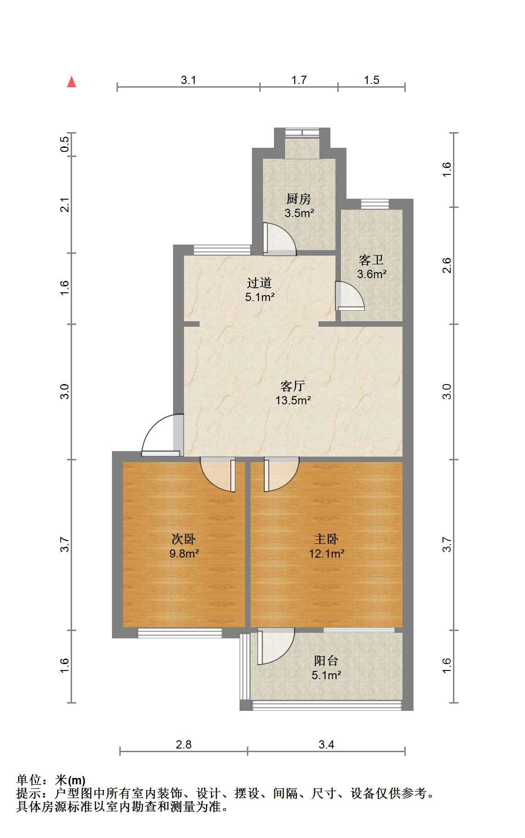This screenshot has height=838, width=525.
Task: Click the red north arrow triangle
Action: coord(72,82)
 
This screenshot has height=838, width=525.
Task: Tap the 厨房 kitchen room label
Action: coord(299,199)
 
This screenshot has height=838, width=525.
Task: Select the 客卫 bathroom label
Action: coord(371,260)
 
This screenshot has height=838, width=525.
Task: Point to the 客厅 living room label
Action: coord(293,385)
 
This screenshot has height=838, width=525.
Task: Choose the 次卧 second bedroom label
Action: coord(184,539)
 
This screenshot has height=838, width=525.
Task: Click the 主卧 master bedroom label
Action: coord(326,539)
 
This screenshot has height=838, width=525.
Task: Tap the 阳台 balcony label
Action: coord(326,661)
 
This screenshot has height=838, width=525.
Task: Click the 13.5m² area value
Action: coord(293,400)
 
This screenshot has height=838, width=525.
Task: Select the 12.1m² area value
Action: coord(326,553)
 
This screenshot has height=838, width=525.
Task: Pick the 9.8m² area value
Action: coord(184,553)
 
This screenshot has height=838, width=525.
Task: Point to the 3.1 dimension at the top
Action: coord(188,80)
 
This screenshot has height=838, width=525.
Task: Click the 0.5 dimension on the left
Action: coord(65,145)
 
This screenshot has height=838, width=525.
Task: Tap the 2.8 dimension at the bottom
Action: coord(184,744)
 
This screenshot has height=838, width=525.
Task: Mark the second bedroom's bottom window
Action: coord(180,632)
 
